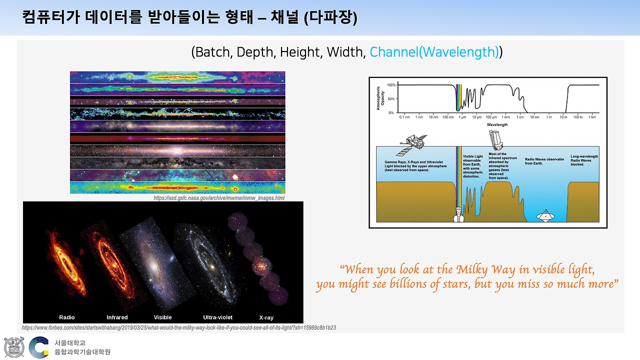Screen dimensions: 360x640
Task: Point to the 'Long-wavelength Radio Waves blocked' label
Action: pyautogui.click(x=584, y=160)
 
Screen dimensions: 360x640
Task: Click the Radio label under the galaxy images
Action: pyautogui.click(x=66, y=317)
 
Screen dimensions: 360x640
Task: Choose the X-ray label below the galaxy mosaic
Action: pyautogui.click(x=266, y=317)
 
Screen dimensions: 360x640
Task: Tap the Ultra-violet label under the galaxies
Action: pyautogui.click(x=217, y=317)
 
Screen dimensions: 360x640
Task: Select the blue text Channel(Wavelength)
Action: pyautogui.click(x=434, y=51)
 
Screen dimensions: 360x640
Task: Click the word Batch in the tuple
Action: pyautogui.click(x=213, y=51)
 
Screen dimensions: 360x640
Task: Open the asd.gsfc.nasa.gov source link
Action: pyautogui.click(x=219, y=198)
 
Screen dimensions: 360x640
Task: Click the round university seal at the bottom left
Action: pyautogui.click(x=14, y=347)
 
